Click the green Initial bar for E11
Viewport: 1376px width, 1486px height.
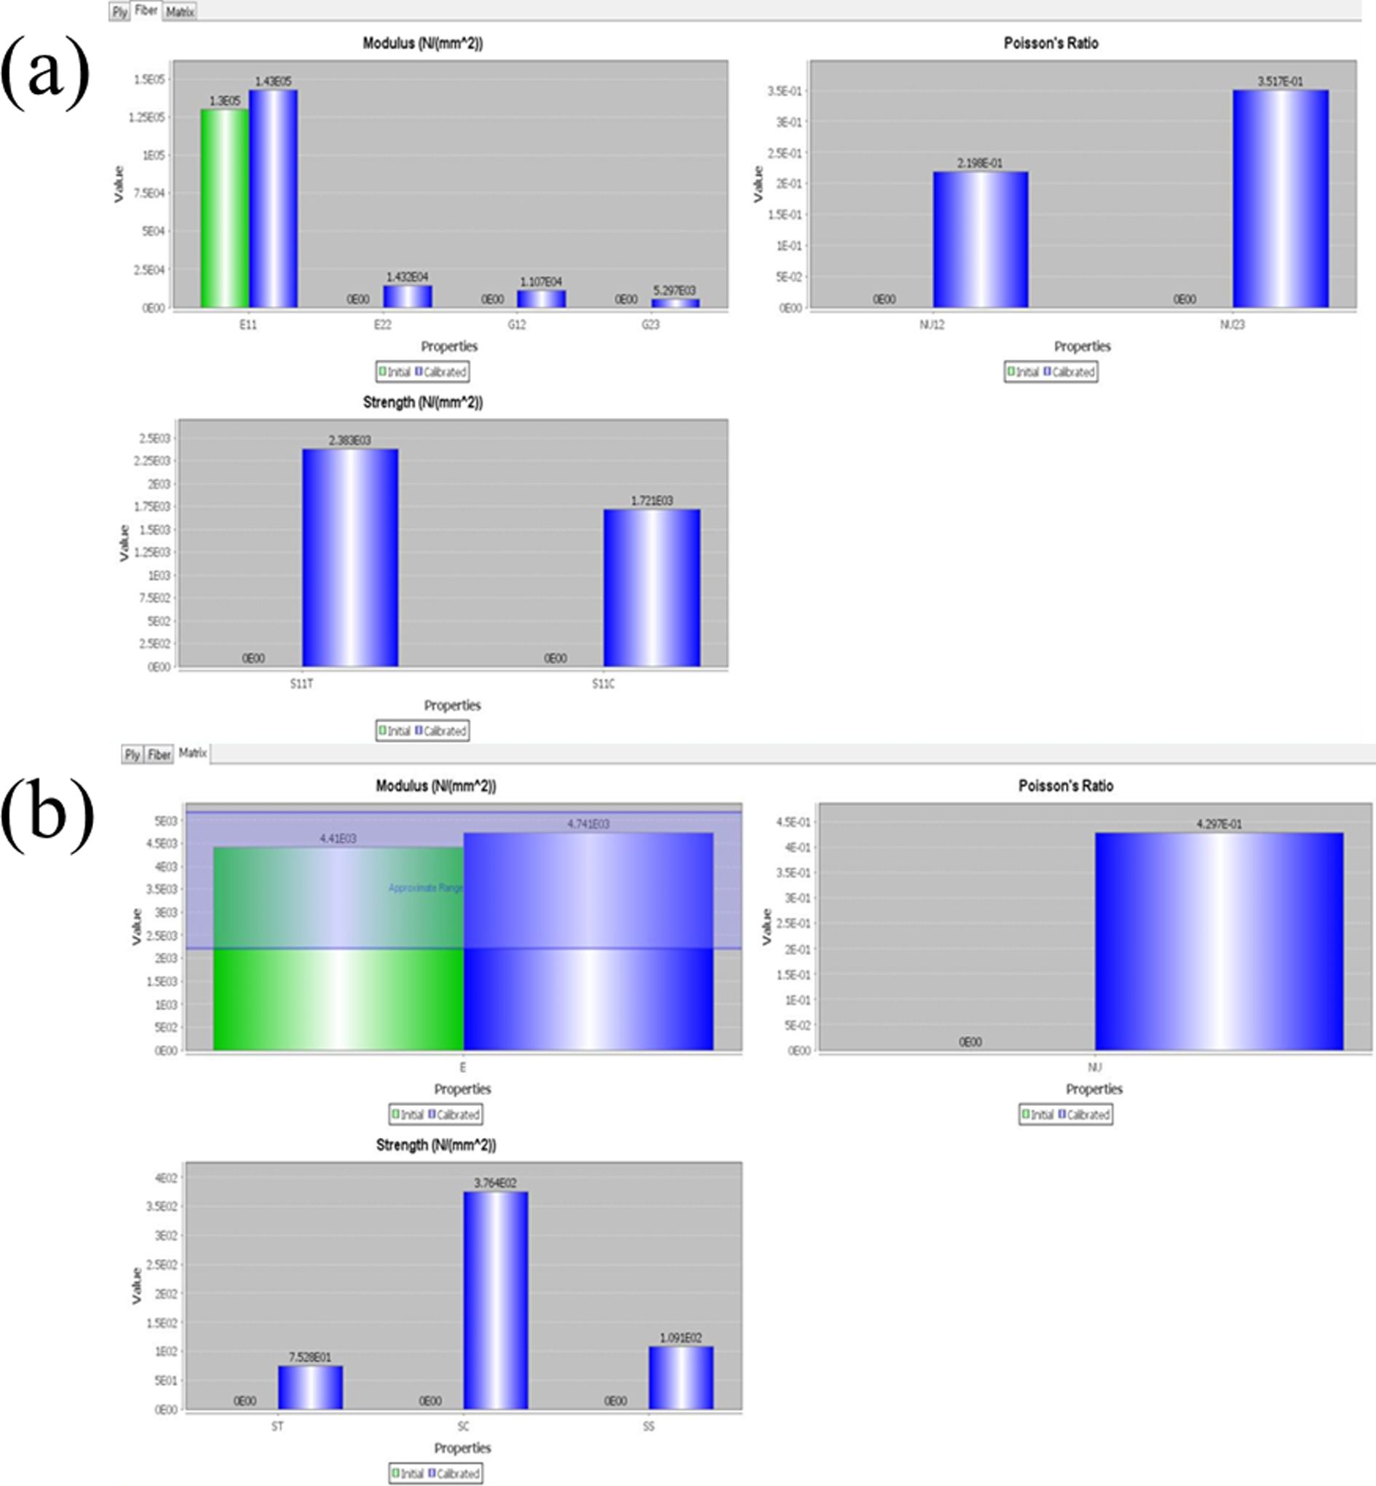pos(224,208)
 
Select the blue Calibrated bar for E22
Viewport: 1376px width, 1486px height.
pos(407,296)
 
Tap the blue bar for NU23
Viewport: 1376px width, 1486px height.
pos(1280,199)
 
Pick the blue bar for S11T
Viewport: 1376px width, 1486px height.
pos(350,558)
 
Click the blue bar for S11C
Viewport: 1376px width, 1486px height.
pos(652,588)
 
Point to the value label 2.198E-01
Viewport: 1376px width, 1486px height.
pos(979,163)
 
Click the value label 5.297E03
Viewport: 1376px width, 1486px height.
pos(674,291)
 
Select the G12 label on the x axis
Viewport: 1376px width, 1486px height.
pos(516,325)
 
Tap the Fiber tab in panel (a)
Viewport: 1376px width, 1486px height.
pos(146,11)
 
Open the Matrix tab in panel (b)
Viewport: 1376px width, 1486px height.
pos(192,754)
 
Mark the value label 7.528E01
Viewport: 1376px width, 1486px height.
pos(309,1357)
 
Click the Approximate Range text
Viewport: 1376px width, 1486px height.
pos(425,888)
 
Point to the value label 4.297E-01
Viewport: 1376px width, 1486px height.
pos(1219,824)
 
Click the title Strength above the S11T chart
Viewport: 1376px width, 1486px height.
pos(422,403)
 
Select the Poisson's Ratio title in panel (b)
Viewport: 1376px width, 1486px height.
pos(1066,786)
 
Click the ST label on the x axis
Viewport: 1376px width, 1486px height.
pos(277,1426)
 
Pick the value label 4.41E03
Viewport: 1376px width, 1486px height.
pos(338,838)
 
